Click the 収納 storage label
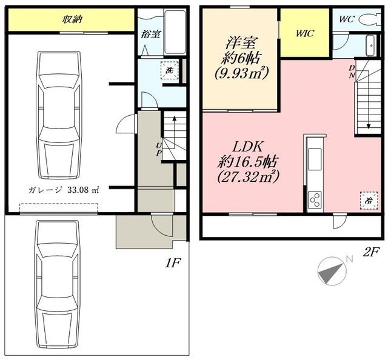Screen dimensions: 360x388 72,19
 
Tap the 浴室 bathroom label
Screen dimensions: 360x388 151,34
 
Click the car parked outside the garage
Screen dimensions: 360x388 58,284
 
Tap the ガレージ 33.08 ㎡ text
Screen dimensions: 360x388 63,189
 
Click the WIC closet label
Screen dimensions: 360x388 304,33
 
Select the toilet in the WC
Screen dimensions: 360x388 367,19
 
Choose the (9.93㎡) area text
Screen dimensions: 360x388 240,72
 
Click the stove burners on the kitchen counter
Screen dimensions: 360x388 316,198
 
